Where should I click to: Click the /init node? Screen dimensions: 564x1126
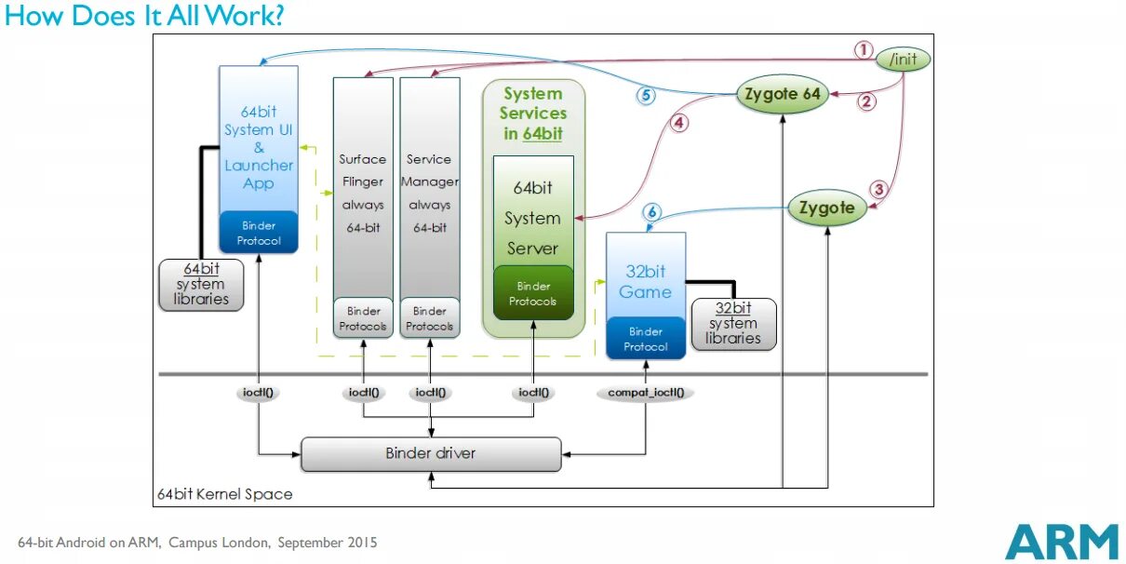(x=904, y=59)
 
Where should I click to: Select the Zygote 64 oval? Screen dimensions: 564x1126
(x=783, y=94)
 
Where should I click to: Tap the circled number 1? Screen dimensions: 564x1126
(x=865, y=49)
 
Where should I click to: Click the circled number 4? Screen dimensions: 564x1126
(x=679, y=122)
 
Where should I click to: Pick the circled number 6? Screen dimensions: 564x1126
(x=651, y=213)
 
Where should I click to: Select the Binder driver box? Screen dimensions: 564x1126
(x=431, y=454)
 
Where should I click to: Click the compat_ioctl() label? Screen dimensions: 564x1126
(x=645, y=393)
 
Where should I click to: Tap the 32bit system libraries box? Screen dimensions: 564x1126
(x=733, y=324)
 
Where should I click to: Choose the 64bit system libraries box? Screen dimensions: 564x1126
(x=201, y=284)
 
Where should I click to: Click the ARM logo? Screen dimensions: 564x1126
(x=1061, y=542)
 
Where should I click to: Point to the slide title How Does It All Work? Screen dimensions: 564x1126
(x=145, y=16)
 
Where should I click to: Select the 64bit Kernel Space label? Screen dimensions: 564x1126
(x=224, y=494)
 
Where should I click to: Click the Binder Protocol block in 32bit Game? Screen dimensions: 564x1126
(x=646, y=339)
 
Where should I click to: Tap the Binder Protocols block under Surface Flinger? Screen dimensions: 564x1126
(x=363, y=318)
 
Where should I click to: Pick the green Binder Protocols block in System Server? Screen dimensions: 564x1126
(x=533, y=293)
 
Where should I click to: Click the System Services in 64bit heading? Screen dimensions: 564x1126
(x=533, y=113)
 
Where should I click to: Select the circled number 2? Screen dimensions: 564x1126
(x=866, y=101)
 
